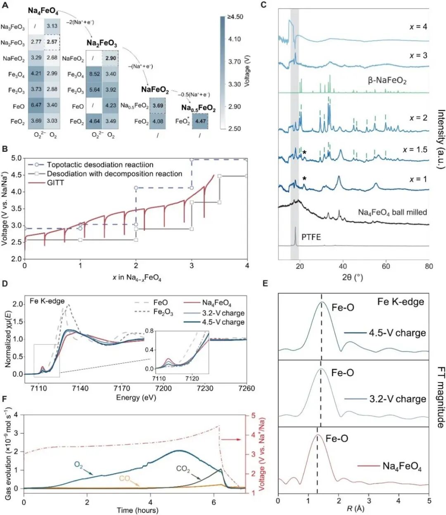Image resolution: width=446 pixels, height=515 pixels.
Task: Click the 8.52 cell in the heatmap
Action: pos(94,74)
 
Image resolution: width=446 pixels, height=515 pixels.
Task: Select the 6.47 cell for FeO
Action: pos(36,105)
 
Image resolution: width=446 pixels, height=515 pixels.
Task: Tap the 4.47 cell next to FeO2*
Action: pos(200,121)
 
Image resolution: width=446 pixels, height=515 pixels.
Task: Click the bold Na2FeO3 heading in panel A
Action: pos(102,43)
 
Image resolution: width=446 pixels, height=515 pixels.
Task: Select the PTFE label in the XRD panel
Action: pos(311,237)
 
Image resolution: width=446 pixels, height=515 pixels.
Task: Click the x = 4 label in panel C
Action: pos(418,27)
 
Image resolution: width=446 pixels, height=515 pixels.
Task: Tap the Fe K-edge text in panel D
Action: pos(47,301)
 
